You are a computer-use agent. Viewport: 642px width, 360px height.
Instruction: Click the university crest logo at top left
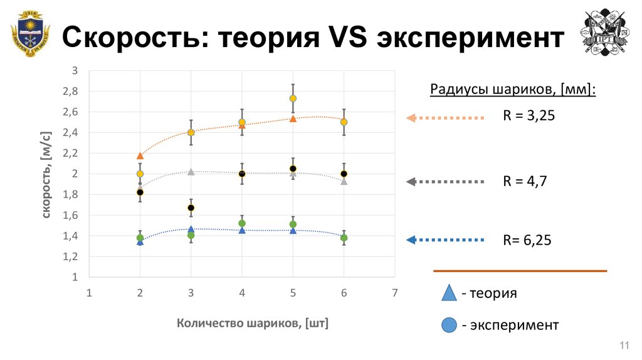[29, 33]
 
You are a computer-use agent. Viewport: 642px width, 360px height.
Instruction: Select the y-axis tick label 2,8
[71, 92]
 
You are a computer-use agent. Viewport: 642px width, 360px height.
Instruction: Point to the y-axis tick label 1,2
[71, 257]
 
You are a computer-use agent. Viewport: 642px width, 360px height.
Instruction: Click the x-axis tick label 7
[395, 292]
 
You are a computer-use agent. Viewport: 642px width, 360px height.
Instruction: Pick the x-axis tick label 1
[89, 292]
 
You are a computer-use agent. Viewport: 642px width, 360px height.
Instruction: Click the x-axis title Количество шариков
[253, 324]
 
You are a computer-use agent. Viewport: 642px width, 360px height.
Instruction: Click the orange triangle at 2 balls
[140, 156]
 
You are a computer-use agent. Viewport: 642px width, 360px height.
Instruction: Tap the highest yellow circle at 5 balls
[293, 98]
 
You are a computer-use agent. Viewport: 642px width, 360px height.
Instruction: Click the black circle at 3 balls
[191, 208]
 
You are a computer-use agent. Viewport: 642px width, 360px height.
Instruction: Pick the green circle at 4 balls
[242, 223]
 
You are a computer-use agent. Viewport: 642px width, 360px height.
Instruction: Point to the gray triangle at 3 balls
[191, 171]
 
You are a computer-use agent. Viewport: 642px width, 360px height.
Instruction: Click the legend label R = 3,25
[529, 116]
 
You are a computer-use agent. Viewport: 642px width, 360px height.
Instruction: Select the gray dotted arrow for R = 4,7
[446, 182]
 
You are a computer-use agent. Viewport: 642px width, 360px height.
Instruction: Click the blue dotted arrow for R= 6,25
[446, 240]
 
